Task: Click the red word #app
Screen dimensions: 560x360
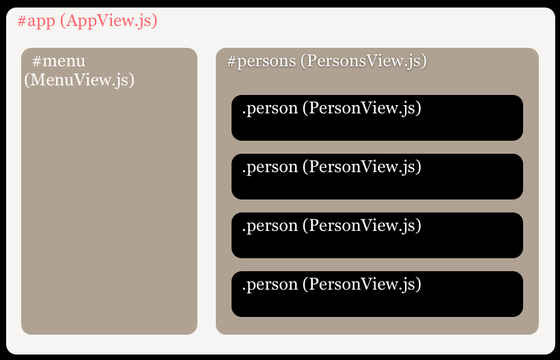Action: (x=36, y=21)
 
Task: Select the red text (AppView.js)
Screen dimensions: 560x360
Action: (x=109, y=21)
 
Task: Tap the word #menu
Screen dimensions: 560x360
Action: (x=59, y=61)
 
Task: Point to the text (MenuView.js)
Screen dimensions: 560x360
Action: (x=79, y=80)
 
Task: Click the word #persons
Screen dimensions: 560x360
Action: (x=262, y=61)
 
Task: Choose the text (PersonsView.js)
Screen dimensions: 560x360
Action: (x=363, y=61)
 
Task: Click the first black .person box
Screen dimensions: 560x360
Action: (x=377, y=118)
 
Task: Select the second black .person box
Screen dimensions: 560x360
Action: (x=377, y=176)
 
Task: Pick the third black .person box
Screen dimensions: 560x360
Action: (x=377, y=236)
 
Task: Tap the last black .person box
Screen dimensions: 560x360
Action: (x=377, y=294)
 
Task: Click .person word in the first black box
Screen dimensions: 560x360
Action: (x=270, y=109)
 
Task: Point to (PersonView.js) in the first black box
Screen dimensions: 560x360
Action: (x=362, y=108)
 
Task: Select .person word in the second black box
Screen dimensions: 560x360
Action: (x=270, y=167)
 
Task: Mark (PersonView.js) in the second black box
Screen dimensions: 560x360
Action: (x=362, y=167)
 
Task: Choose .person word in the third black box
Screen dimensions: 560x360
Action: (x=270, y=226)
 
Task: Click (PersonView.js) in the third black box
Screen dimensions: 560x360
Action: (x=362, y=225)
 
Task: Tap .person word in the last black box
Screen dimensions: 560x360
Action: (x=270, y=285)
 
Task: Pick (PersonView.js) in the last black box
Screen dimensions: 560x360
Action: (x=362, y=284)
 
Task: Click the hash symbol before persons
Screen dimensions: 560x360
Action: (x=232, y=61)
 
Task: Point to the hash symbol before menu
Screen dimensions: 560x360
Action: (x=37, y=61)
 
